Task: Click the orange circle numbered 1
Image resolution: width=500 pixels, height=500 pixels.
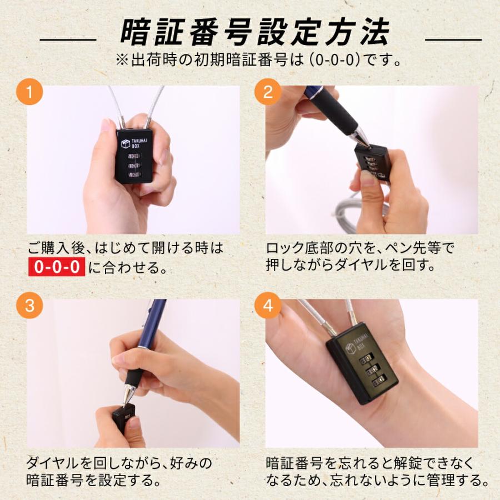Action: pyautogui.click(x=29, y=92)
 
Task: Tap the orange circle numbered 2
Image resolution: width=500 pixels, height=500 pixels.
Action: pyautogui.click(x=268, y=92)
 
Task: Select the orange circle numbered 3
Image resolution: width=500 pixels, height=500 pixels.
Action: pyautogui.click(x=29, y=306)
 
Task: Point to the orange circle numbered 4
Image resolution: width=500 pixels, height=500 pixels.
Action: pyautogui.click(x=268, y=306)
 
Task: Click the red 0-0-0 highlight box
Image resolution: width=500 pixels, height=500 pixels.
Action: pyautogui.click(x=57, y=267)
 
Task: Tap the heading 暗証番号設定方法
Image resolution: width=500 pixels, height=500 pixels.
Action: pyautogui.click(x=255, y=32)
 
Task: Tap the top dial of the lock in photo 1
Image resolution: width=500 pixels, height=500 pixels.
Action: pyautogui.click(x=134, y=156)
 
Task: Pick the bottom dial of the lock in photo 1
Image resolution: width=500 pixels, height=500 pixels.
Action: pyautogui.click(x=134, y=174)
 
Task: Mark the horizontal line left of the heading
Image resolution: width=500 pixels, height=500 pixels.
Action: pyautogui.click(x=68, y=40)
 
